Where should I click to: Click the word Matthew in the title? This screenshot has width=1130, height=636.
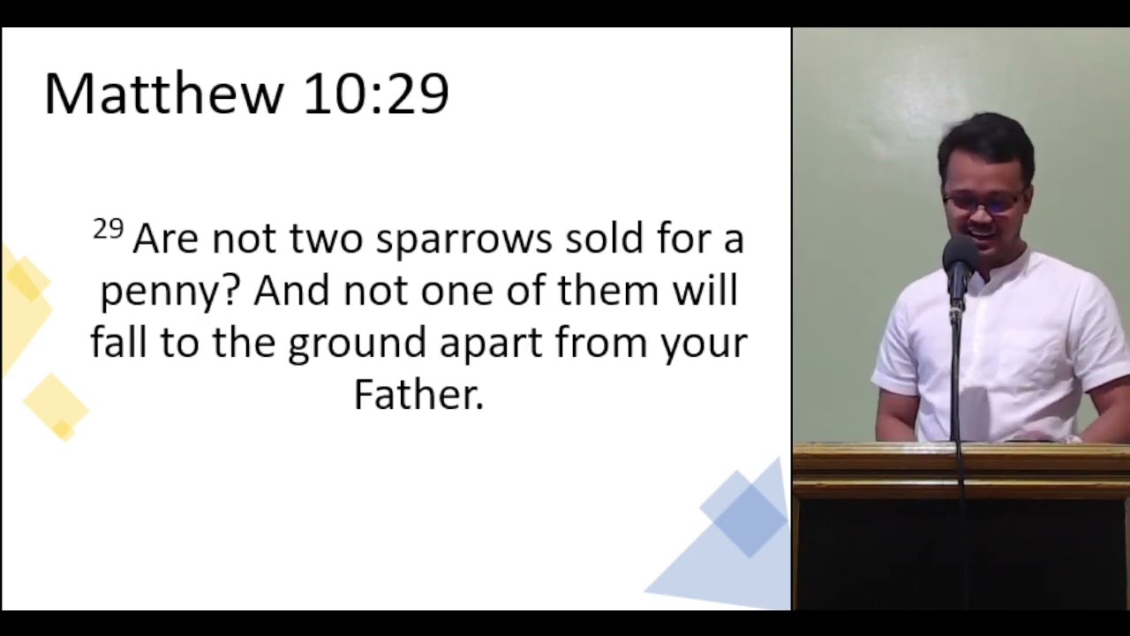click(164, 94)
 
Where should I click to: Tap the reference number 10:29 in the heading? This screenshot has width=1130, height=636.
click(376, 94)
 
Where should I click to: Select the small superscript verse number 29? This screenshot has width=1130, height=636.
click(109, 229)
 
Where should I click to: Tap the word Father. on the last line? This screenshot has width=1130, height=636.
click(418, 394)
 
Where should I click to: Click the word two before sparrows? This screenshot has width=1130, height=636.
click(326, 238)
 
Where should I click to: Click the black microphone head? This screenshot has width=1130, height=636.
click(960, 261)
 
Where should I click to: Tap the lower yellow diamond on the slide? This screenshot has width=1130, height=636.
click(56, 407)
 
